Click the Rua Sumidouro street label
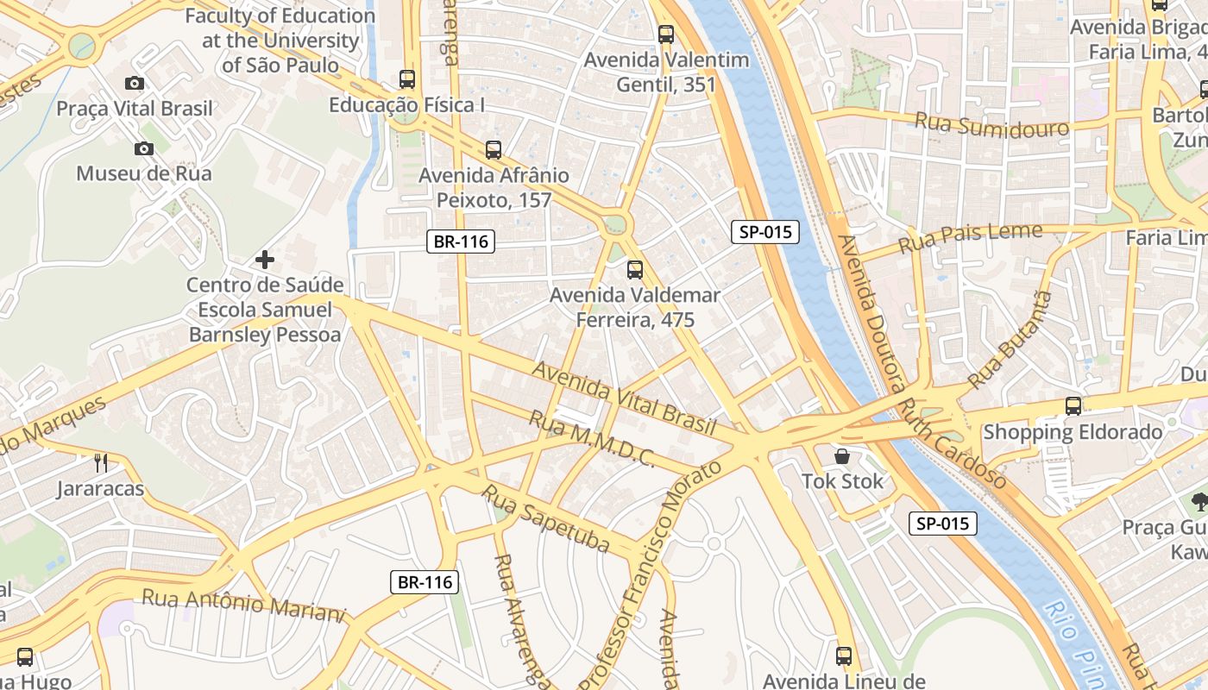click(991, 125)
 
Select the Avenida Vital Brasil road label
click(625, 398)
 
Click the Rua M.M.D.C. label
click(591, 440)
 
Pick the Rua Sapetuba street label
click(545, 518)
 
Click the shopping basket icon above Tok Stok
click(842, 455)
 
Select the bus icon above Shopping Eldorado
click(1073, 405)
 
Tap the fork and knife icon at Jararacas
click(101, 463)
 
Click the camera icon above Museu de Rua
click(144, 148)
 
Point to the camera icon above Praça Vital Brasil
click(135, 83)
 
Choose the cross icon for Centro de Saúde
click(265, 259)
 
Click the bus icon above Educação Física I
click(407, 79)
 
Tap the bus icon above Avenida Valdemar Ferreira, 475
click(635, 270)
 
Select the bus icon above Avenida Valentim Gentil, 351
click(666, 34)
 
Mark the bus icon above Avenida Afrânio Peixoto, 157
click(494, 150)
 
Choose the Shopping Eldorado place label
click(1073, 432)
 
